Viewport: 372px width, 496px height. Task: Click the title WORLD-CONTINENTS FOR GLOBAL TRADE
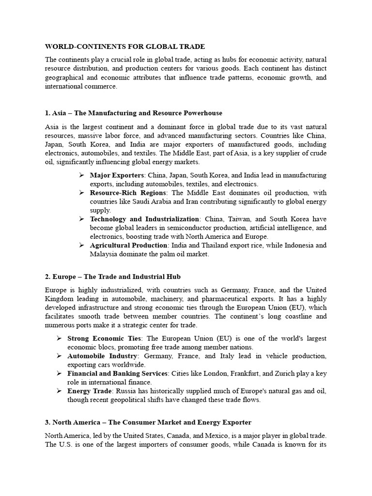click(125, 46)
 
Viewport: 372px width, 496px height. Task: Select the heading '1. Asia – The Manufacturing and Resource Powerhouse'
click(134, 113)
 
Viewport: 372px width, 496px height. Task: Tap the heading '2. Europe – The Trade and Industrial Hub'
click(112, 277)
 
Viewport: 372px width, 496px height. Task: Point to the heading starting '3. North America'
click(148, 422)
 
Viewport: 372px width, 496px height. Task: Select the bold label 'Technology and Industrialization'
click(144, 219)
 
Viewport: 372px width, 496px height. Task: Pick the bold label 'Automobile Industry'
click(101, 356)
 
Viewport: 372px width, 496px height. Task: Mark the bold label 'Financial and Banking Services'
click(117, 373)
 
